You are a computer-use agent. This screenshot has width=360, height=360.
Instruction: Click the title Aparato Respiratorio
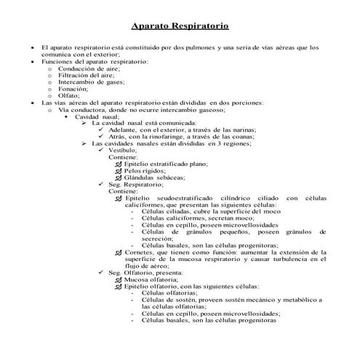[x=180, y=26]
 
